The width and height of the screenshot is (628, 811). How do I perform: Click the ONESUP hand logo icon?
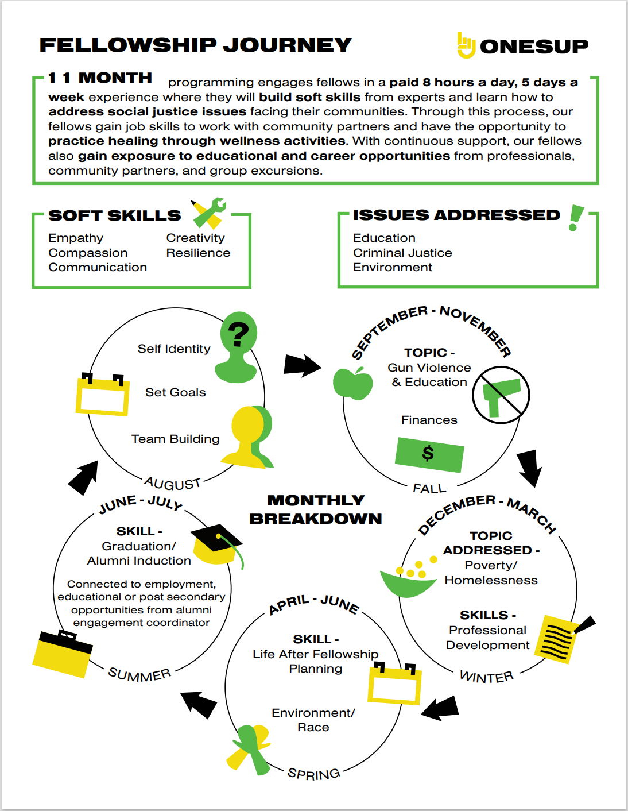point(466,45)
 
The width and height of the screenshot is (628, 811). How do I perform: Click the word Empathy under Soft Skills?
point(76,238)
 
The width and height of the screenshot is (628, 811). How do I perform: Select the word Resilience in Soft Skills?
point(198,253)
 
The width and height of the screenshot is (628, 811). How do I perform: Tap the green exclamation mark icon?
point(575,218)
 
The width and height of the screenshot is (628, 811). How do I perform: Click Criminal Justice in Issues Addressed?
point(402,253)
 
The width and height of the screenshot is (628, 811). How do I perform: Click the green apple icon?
point(353,384)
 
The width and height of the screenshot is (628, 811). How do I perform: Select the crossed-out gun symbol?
point(501,396)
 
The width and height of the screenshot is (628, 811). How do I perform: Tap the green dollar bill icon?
point(429,454)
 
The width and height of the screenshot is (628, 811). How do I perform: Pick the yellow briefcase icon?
point(63,654)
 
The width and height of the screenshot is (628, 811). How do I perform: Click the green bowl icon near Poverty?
point(408,581)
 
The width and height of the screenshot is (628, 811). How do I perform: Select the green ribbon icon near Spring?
point(250,747)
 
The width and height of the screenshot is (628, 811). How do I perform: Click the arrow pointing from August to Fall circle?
point(302,365)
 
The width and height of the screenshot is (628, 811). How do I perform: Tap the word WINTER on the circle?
point(487,677)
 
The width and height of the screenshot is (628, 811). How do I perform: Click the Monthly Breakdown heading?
point(316,509)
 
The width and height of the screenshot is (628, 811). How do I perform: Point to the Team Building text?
point(175,439)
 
